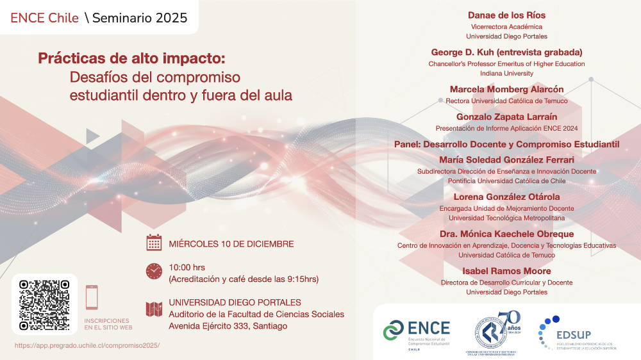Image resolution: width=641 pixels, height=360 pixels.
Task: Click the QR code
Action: click(x=44, y=305)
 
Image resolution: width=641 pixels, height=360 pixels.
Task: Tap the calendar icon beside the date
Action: click(x=154, y=243)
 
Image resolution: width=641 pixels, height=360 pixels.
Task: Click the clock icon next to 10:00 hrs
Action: click(x=154, y=271)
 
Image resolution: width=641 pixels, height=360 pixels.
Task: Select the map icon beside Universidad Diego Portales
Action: click(x=154, y=309)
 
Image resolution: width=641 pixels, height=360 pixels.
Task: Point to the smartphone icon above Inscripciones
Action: click(x=92, y=297)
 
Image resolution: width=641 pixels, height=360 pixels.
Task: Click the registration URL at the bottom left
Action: click(x=87, y=345)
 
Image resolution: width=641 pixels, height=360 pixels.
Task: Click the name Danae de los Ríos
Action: click(x=506, y=15)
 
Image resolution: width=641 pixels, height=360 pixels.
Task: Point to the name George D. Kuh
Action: click(x=506, y=52)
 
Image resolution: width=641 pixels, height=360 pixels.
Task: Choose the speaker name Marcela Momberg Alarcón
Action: click(x=506, y=89)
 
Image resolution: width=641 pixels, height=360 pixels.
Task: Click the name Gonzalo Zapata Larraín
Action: click(x=506, y=117)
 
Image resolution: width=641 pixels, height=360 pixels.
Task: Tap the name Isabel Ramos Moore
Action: click(x=506, y=271)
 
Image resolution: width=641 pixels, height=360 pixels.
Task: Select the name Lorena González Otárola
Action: click(x=506, y=197)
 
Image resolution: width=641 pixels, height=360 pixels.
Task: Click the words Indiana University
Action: click(x=506, y=74)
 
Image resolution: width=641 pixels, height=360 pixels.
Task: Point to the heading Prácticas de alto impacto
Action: click(x=131, y=59)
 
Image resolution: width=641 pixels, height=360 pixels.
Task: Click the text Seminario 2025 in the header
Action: click(x=140, y=18)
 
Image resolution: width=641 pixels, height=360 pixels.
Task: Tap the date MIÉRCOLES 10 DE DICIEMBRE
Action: click(x=231, y=243)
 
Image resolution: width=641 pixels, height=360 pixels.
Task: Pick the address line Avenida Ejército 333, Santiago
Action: click(x=228, y=326)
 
